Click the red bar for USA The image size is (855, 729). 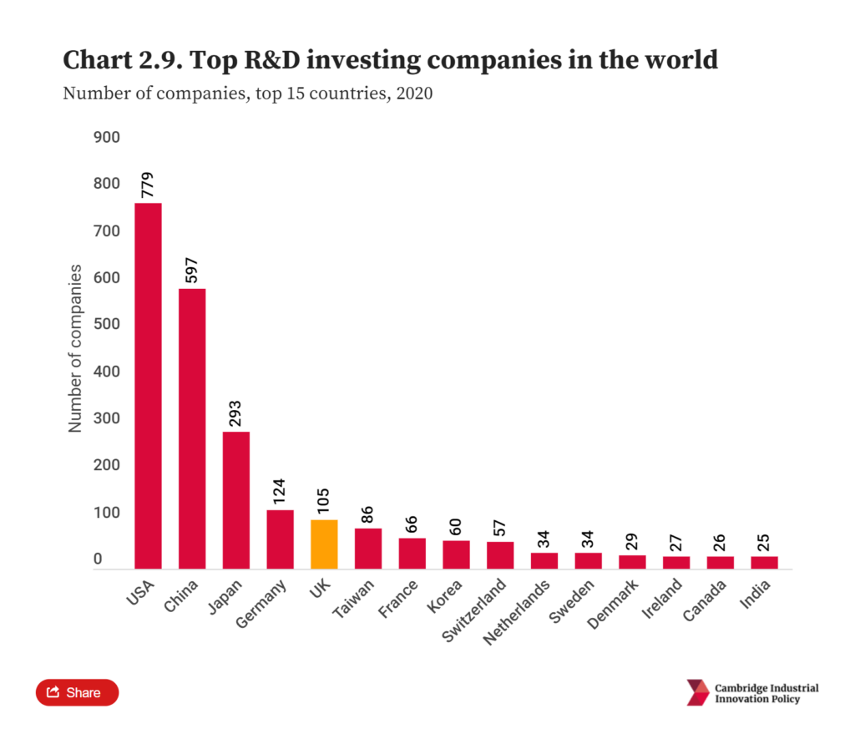[148, 386]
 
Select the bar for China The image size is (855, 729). [192, 428]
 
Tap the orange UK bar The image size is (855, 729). [324, 544]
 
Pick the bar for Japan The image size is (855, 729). [236, 499]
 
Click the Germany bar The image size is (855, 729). [280, 539]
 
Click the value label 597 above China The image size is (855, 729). [192, 271]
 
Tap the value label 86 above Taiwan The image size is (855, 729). [368, 514]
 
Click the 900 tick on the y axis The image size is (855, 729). [106, 137]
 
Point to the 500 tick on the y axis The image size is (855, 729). [106, 324]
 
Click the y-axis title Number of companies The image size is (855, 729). [75, 348]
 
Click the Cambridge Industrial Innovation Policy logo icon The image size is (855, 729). [697, 692]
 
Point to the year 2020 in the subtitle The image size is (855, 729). [414, 94]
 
